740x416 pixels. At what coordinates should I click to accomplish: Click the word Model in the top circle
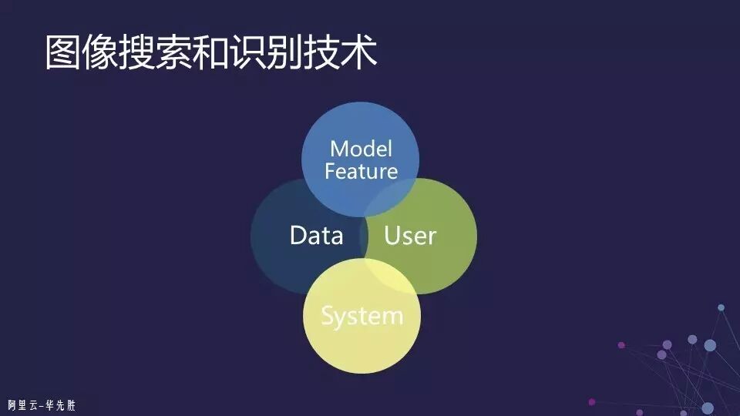[x=361, y=148]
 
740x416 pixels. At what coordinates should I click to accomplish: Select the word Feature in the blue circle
[x=361, y=170]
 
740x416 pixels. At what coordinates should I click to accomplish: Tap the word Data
[x=316, y=236]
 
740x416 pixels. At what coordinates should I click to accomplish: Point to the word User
[x=410, y=236]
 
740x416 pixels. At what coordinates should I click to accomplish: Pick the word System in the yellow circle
[x=362, y=316]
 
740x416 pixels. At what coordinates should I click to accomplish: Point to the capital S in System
[x=328, y=315]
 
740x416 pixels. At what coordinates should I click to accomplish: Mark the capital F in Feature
[x=330, y=170]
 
